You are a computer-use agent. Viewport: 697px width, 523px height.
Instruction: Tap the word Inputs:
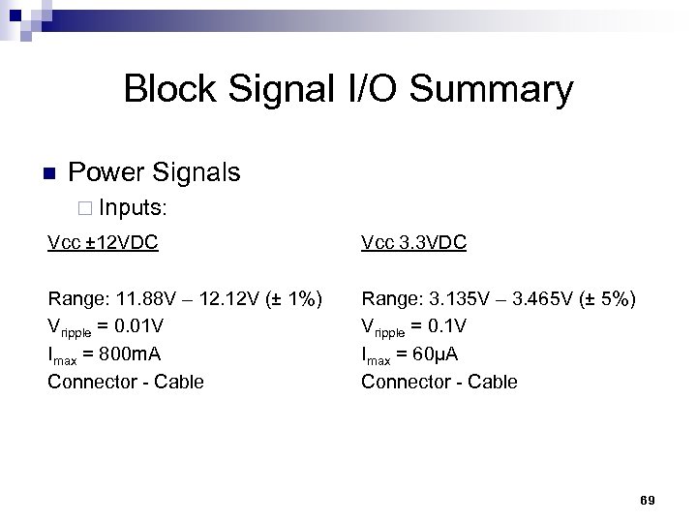(134, 207)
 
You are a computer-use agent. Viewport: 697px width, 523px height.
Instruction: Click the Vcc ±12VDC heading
(104, 242)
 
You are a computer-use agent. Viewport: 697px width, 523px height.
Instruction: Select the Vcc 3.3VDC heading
(413, 242)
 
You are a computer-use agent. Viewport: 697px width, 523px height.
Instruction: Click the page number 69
(648, 500)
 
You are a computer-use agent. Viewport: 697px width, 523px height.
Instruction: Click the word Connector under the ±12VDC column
(89, 382)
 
